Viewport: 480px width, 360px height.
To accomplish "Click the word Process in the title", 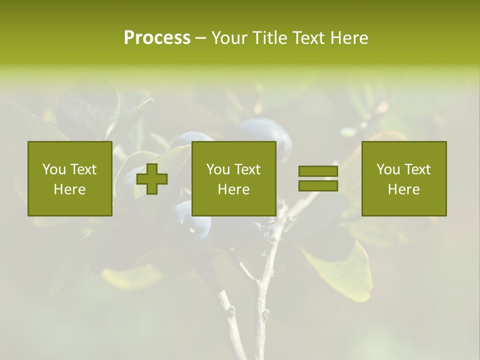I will coord(157,38).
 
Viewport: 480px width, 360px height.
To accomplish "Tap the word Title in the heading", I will coord(269,38).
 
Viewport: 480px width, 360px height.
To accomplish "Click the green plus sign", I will coord(152,178).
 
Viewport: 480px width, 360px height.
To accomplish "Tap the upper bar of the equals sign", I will coord(318,171).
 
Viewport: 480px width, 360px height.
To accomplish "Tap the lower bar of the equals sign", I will coord(318,185).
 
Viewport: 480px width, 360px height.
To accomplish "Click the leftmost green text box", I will coord(70,178).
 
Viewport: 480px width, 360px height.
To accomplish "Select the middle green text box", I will coord(234,178).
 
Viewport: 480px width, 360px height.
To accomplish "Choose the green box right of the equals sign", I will coord(404,178).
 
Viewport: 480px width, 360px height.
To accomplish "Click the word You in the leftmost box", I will coord(54,169).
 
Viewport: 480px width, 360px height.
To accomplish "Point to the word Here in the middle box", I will coord(234,189).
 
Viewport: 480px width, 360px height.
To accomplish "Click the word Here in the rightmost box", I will coord(404,189).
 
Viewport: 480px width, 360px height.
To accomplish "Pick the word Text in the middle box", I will coord(248,169).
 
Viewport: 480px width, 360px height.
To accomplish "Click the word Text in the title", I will coord(308,38).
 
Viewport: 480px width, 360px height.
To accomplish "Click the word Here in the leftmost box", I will coord(70,189).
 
